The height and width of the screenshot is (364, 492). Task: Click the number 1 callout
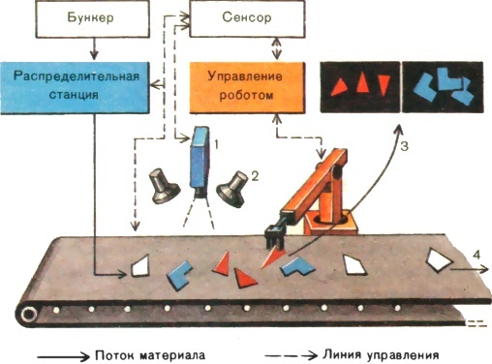click(218, 143)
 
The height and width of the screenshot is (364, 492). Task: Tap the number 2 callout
click(255, 177)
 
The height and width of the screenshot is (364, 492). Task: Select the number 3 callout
click(408, 146)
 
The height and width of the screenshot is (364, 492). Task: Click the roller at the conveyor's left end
click(30, 313)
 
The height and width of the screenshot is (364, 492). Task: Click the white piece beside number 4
click(442, 259)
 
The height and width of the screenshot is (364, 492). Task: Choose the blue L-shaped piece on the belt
click(301, 267)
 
